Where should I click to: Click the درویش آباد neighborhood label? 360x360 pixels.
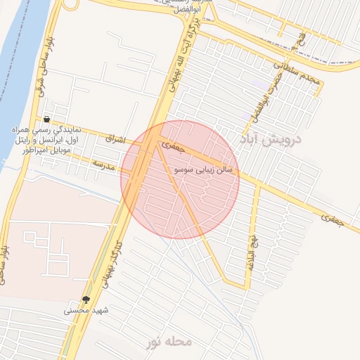tap(271, 139)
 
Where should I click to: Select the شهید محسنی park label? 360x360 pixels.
tap(86, 310)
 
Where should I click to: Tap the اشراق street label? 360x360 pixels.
tap(115, 140)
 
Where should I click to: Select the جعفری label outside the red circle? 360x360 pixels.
tap(333, 219)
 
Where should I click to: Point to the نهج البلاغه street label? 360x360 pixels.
tap(250, 245)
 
